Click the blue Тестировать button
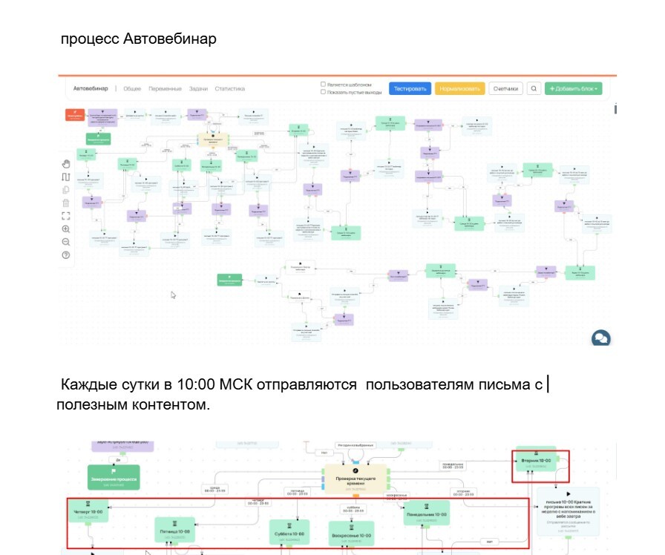[x=410, y=88]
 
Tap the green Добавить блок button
[x=573, y=88]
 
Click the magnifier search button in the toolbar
[x=534, y=88]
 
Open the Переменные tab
[x=163, y=88]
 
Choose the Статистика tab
[x=229, y=88]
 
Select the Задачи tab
[x=198, y=88]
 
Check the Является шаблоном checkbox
[x=323, y=84]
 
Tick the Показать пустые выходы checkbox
[x=323, y=92]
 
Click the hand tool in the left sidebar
[x=66, y=163]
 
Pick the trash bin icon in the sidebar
[x=66, y=203]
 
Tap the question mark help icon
[x=66, y=255]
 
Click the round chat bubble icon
[x=600, y=338]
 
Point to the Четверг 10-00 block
[x=88, y=513]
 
